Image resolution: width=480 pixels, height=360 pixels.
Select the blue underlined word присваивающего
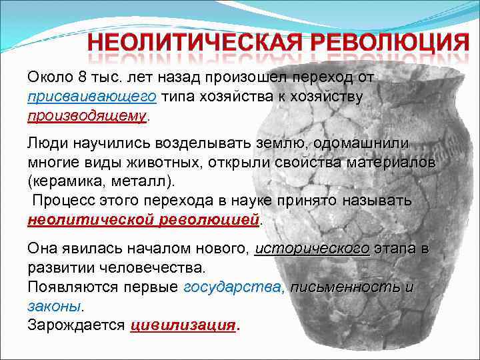pos(92,97)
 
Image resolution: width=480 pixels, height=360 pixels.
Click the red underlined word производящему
pos(87,116)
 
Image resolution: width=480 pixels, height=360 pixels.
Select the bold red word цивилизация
pos(183,325)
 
